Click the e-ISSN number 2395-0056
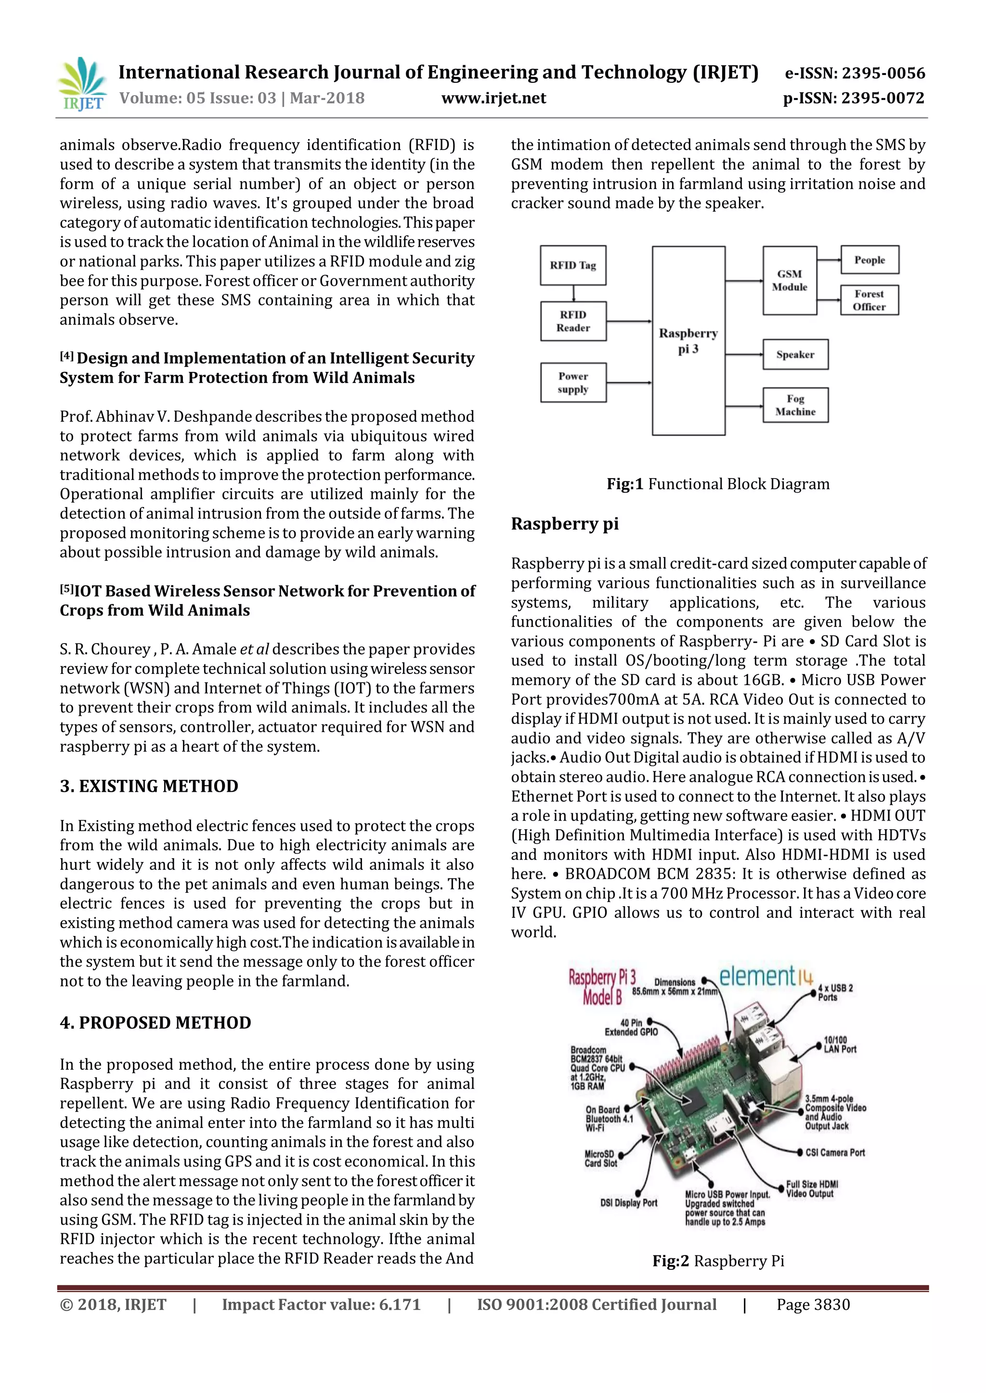click(x=854, y=74)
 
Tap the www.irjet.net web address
click(x=493, y=98)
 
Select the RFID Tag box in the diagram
click(x=572, y=265)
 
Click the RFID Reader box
click(x=573, y=321)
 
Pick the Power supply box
click(x=573, y=382)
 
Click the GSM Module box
click(x=789, y=280)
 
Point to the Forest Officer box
click(x=869, y=300)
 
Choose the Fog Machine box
click(x=795, y=405)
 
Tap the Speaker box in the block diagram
click(x=795, y=355)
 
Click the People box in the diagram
click(x=869, y=260)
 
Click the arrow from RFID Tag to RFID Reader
click(x=573, y=293)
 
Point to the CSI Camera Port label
click(x=835, y=1152)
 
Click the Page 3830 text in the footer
click(x=813, y=1304)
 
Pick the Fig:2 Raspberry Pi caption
click(x=718, y=1261)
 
